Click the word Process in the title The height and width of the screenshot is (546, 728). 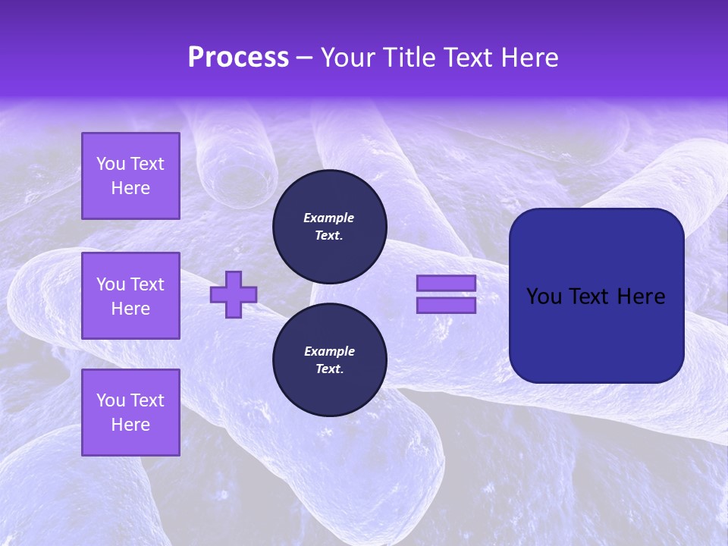pos(238,58)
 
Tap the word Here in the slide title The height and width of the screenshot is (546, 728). pos(529,58)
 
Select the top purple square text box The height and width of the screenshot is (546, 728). pos(130,176)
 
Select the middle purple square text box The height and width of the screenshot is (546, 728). pos(130,296)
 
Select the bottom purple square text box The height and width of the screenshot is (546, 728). pos(130,413)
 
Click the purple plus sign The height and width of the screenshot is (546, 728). pos(234,295)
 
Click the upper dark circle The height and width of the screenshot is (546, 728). pos(330,227)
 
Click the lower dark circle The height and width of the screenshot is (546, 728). pos(330,360)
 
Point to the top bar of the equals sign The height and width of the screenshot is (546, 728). pos(446,283)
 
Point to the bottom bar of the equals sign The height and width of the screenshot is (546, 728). pos(446,305)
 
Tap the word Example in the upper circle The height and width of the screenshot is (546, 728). pos(328,218)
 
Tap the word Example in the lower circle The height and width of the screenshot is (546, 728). pos(329,351)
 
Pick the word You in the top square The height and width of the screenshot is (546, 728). pos(111,164)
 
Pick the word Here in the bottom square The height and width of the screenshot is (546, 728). pos(130,425)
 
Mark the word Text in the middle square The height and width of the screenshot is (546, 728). pos(147,284)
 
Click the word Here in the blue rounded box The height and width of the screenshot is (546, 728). pos(642,297)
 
